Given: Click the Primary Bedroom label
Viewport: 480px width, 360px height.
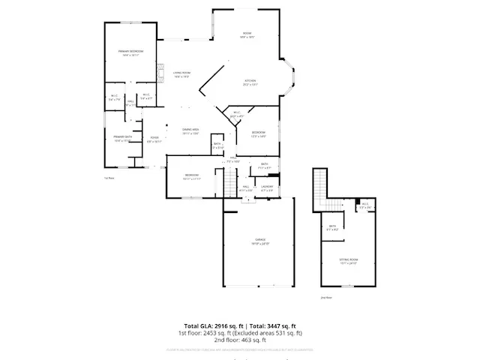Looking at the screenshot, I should pyautogui.click(x=130, y=52).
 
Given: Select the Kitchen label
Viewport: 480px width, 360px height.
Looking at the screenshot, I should pyautogui.click(x=250, y=83).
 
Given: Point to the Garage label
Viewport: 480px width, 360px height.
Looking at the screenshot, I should pyautogui.click(x=258, y=241).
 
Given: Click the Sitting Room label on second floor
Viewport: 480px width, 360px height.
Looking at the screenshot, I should pyautogui.click(x=349, y=260).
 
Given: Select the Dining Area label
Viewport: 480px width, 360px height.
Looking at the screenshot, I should pyautogui.click(x=190, y=131).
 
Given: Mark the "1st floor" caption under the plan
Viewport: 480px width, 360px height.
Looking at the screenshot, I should pyautogui.click(x=109, y=178).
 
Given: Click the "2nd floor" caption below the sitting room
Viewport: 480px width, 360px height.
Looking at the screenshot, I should pyautogui.click(x=325, y=298).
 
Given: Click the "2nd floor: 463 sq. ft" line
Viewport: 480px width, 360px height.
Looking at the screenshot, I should pyautogui.click(x=240, y=339).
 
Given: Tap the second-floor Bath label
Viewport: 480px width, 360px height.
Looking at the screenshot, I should pyautogui.click(x=331, y=226).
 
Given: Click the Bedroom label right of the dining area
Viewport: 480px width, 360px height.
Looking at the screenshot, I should pyautogui.click(x=258, y=134).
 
